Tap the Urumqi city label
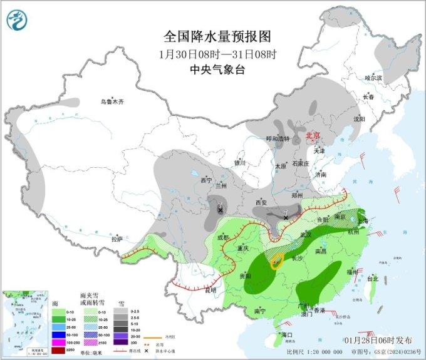[x=113, y=101]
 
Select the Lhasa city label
[x=117, y=239]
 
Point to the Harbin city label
[x=373, y=78]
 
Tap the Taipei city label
[x=372, y=278]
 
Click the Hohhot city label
[x=278, y=139]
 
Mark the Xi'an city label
[x=261, y=203]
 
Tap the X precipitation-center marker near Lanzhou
[x=220, y=210]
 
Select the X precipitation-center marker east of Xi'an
[x=286, y=217]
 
